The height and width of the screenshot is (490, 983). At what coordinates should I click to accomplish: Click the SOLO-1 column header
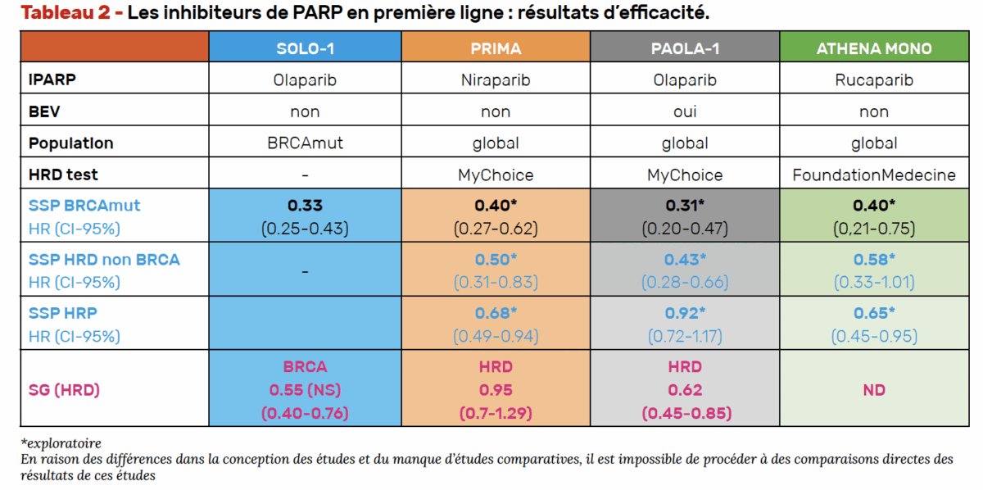pyautogui.click(x=305, y=48)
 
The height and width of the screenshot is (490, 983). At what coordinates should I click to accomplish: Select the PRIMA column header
pyautogui.click(x=496, y=48)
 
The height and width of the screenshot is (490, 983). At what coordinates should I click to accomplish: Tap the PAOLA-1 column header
pyautogui.click(x=685, y=48)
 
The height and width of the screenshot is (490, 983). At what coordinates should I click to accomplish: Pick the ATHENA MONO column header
pyautogui.click(x=874, y=48)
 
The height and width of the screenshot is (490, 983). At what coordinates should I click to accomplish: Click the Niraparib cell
pyautogui.click(x=496, y=80)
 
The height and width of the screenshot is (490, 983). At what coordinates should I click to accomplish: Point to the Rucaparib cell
pyautogui.click(x=874, y=80)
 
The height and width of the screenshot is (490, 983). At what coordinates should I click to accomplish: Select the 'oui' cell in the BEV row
pyautogui.click(x=685, y=111)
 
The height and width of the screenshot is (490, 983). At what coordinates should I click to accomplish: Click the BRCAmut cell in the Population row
pyautogui.click(x=305, y=143)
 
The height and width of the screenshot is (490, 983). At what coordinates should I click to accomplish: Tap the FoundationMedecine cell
pyautogui.click(x=874, y=175)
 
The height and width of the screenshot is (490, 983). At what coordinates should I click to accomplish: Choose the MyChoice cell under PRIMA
pyautogui.click(x=496, y=175)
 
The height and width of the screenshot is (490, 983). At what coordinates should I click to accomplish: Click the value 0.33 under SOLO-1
pyautogui.click(x=305, y=206)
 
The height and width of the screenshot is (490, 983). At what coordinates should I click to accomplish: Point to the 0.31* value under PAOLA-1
pyautogui.click(x=685, y=206)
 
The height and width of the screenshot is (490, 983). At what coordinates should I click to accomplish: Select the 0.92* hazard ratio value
pyautogui.click(x=685, y=314)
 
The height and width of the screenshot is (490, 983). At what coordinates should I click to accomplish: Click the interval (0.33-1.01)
pyautogui.click(x=874, y=282)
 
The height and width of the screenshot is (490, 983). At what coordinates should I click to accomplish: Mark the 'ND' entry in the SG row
pyautogui.click(x=874, y=390)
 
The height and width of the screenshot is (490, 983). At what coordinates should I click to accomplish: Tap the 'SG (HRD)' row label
pyautogui.click(x=64, y=390)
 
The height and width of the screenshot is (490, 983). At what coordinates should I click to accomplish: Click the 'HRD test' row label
pyautogui.click(x=63, y=175)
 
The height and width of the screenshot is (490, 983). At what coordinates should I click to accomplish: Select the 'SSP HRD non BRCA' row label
pyautogui.click(x=104, y=260)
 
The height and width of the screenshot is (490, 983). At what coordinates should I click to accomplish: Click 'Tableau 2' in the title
pyautogui.click(x=64, y=13)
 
